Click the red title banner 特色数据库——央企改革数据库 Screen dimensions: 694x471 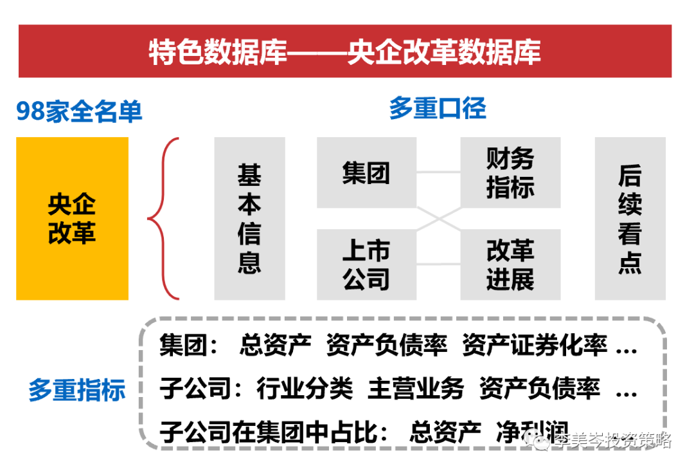[x=345, y=51]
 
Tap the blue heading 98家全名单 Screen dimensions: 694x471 [x=79, y=112]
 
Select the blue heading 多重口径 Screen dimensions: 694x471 [x=438, y=108]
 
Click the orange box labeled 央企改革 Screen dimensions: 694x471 [x=72, y=218]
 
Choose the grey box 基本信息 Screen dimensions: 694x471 [x=249, y=218]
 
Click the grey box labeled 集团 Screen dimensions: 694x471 [x=366, y=173]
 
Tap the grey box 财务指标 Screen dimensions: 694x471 [x=510, y=173]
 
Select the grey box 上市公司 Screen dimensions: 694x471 [x=366, y=264]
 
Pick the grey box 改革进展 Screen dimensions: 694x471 [x=510, y=264]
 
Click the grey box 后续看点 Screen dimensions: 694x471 [x=630, y=218]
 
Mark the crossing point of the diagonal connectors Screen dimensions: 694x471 [x=439, y=218]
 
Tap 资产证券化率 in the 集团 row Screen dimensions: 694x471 [x=535, y=347]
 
